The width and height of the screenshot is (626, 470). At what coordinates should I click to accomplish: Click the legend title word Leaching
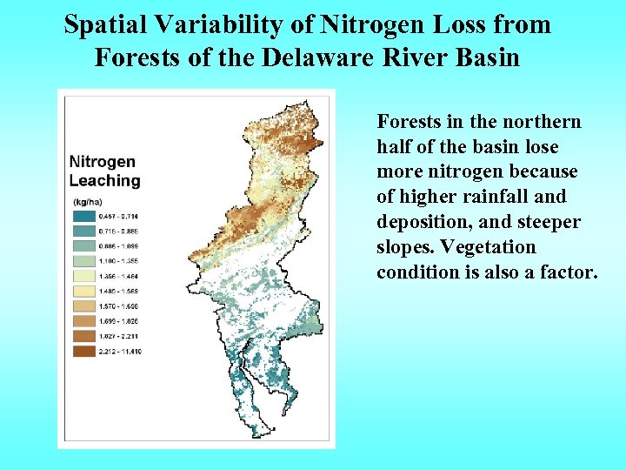click(104, 180)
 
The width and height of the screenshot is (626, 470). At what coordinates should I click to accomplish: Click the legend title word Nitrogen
click(103, 162)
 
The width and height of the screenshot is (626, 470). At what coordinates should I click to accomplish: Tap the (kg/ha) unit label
click(87, 202)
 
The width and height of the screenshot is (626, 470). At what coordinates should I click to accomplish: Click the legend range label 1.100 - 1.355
click(118, 261)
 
